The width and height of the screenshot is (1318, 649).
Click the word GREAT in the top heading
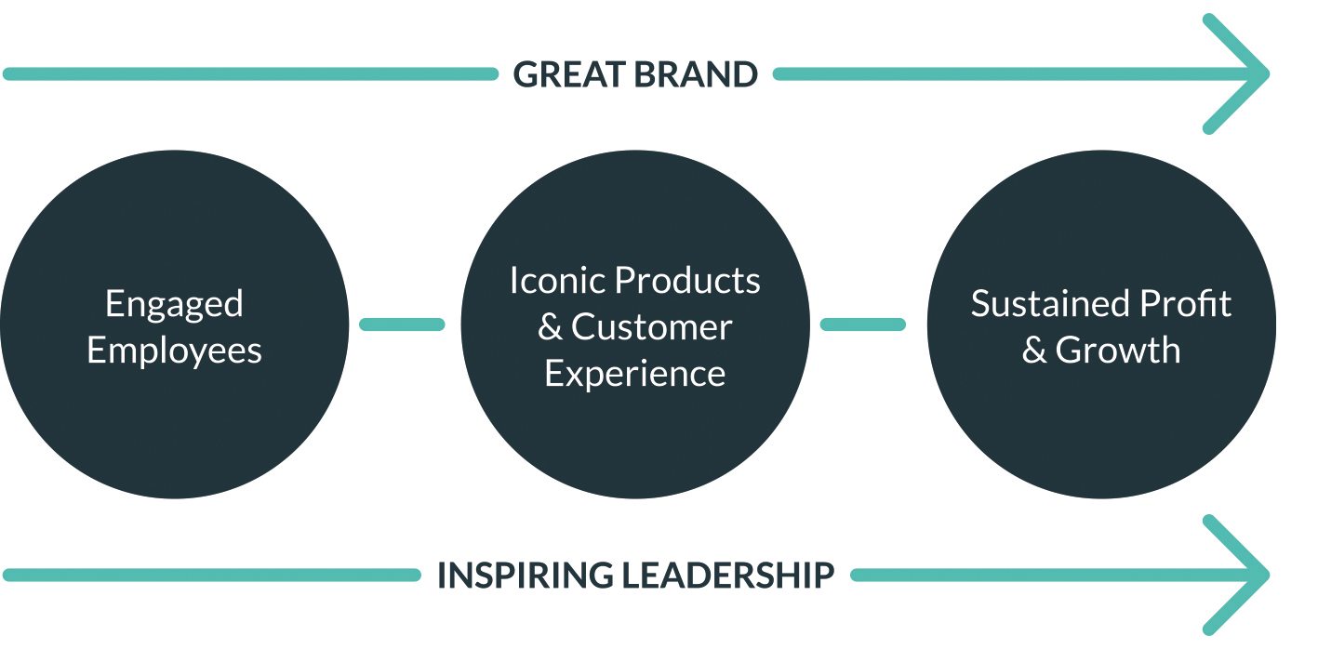[569, 74]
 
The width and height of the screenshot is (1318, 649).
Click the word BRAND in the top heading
[696, 74]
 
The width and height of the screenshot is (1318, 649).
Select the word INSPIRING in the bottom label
[526, 575]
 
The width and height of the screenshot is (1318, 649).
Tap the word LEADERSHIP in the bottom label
[728, 575]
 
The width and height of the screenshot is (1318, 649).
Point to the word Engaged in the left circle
[174, 305]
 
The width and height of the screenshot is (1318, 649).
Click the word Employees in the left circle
[174, 351]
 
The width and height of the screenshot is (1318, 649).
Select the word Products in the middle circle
[687, 280]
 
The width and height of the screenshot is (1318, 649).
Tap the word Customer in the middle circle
[651, 326]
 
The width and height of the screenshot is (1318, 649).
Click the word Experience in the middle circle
[635, 375]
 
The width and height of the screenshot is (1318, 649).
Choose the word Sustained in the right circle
[1050, 304]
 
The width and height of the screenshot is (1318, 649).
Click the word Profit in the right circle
[1185, 304]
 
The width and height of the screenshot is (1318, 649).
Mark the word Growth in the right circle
[1118, 351]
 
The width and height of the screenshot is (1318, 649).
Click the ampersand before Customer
[550, 327]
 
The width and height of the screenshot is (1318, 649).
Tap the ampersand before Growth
[1033, 351]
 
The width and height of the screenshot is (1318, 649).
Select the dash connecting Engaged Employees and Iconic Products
[402, 324]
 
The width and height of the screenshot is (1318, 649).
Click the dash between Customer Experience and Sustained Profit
[862, 324]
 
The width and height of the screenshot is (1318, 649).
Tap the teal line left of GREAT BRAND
[250, 74]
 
